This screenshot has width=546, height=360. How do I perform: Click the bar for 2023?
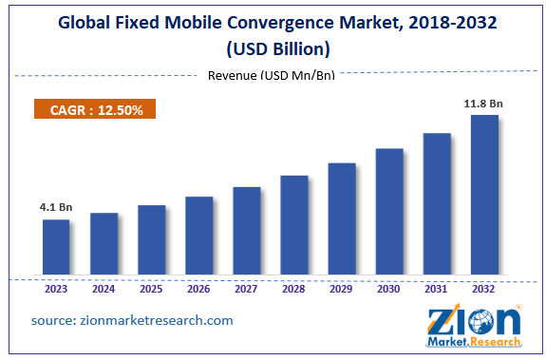point(56,248)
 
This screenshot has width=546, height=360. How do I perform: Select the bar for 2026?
point(198,237)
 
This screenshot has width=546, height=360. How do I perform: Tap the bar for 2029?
point(342,219)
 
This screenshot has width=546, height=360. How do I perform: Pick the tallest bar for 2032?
point(484,196)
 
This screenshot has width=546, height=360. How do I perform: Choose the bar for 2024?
point(104,245)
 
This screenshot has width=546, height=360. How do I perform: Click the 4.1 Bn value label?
point(56,206)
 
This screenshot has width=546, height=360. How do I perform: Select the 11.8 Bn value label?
point(484,102)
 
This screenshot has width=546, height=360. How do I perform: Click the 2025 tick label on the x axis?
point(151,290)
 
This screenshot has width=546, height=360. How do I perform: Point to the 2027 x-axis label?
point(246,290)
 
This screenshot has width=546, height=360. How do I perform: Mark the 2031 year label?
point(437,290)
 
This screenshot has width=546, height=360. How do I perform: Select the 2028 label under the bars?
point(293,290)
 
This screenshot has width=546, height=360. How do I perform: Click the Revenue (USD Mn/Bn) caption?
point(273,76)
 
